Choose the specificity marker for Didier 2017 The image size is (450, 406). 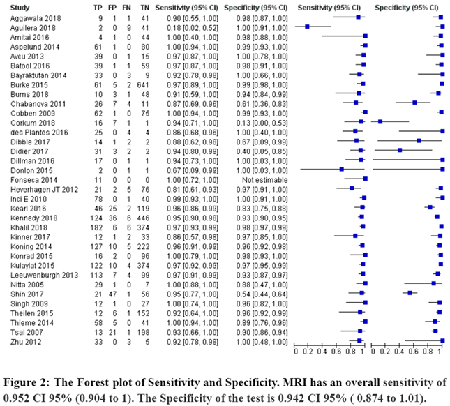click(399, 149)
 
